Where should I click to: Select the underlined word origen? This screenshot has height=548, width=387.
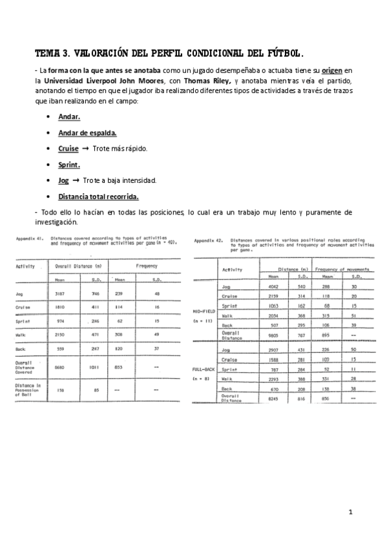(x=332, y=70)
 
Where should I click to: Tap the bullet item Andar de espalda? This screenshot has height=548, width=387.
(x=87, y=132)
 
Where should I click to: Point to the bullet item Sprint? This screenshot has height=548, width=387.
(x=68, y=164)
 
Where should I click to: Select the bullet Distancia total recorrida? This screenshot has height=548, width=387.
(x=98, y=196)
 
